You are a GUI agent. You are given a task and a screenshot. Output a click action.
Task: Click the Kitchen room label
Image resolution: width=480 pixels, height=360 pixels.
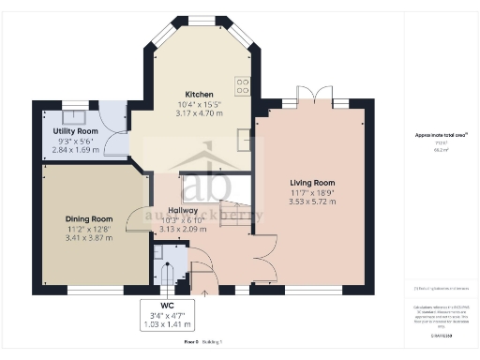[x=198, y=95]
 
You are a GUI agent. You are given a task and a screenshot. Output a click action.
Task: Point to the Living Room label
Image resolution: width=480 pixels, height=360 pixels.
[x=312, y=182]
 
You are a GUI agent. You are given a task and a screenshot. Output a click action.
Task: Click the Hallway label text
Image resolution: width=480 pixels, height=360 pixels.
[x=182, y=210]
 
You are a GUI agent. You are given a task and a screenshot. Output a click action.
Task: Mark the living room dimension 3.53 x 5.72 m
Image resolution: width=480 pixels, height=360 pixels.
[x=312, y=201]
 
